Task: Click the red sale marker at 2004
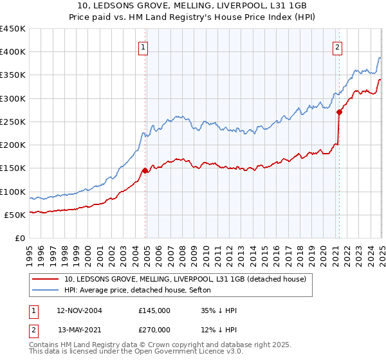[x=145, y=171]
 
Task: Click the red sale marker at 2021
[x=339, y=113]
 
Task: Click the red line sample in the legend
[x=46, y=280]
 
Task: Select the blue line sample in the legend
[x=46, y=291]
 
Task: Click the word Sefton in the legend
[x=208, y=291]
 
